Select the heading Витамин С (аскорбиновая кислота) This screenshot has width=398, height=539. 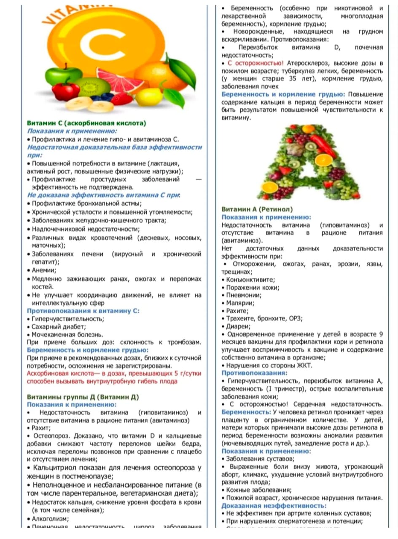point(86,123)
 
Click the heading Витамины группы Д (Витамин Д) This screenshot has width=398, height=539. point(83,397)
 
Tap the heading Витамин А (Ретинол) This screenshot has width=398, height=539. point(257,209)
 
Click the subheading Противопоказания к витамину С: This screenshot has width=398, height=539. point(83,311)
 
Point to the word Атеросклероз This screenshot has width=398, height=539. point(305,63)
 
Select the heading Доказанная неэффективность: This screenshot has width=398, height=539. point(274,506)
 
